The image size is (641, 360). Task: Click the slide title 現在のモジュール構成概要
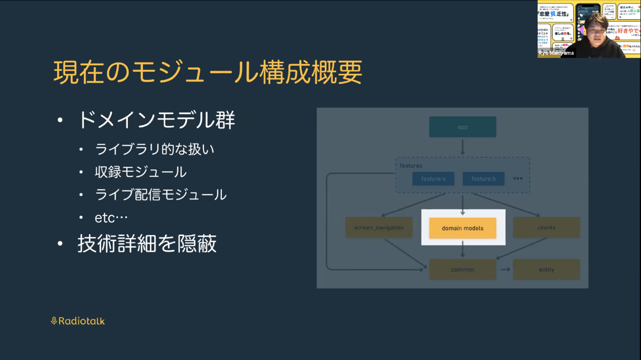(x=207, y=72)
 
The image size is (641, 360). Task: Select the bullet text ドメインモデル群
(x=156, y=120)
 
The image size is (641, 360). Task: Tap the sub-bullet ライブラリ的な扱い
(x=155, y=149)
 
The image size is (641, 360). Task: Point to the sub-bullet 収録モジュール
(x=141, y=172)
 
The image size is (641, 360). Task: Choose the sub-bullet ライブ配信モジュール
(x=160, y=195)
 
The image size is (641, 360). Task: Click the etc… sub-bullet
(x=111, y=217)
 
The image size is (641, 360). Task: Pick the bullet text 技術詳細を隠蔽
(x=147, y=244)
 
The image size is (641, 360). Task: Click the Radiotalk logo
(x=78, y=321)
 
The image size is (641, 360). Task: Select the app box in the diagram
(x=462, y=127)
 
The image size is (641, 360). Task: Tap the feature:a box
(x=433, y=179)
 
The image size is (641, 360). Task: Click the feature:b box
(x=483, y=179)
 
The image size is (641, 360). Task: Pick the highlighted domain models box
(x=462, y=228)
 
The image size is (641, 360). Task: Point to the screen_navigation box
(x=379, y=228)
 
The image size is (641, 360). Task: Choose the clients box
(x=546, y=228)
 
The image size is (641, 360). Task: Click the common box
(x=462, y=270)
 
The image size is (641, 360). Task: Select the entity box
(x=546, y=270)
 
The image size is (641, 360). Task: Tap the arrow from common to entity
(x=505, y=270)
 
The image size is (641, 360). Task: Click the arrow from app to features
(x=462, y=147)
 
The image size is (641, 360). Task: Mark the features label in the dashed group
(x=411, y=166)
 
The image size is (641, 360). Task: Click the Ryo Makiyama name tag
(x=556, y=53)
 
